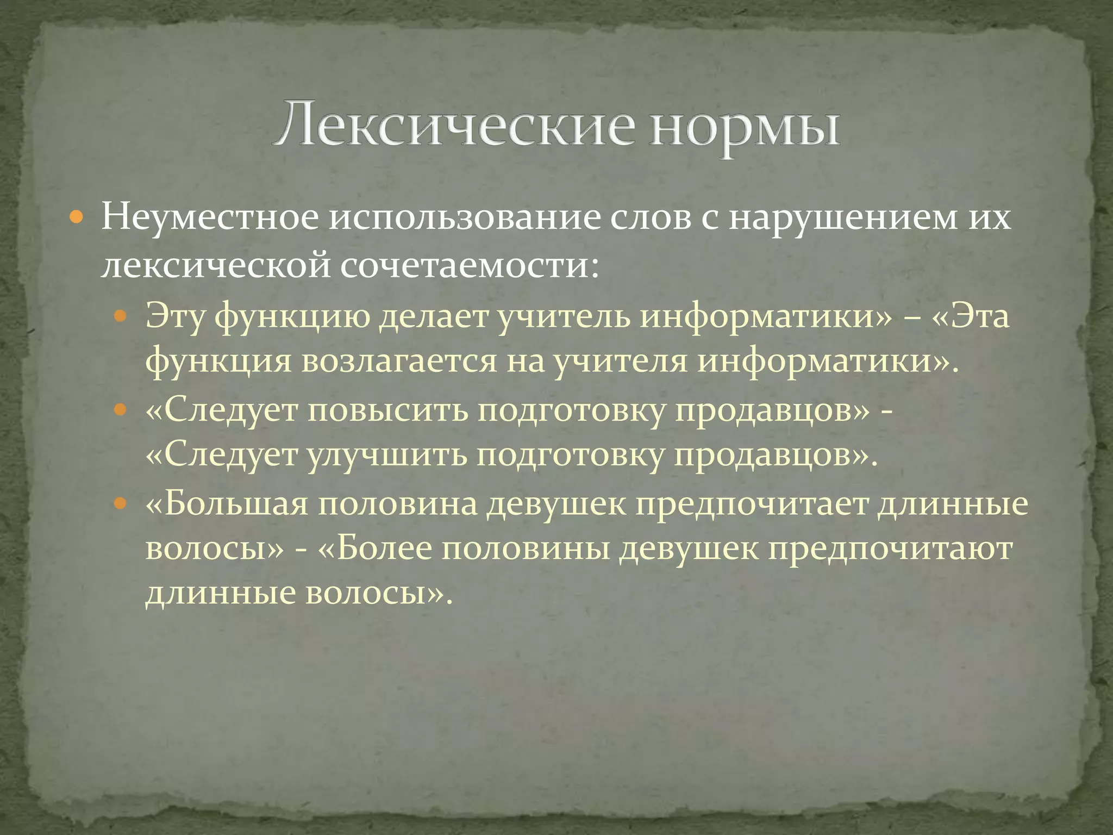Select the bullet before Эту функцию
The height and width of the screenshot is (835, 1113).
[121, 316]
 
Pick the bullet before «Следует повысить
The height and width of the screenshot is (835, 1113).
[121, 409]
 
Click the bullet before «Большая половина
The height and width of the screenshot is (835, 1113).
[121, 503]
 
